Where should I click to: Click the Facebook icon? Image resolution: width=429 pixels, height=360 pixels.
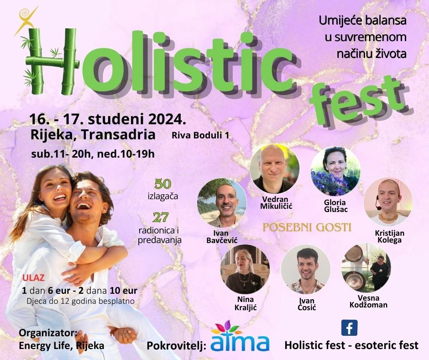pos(350,328)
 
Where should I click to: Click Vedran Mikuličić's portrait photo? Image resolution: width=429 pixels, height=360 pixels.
pos(275,169)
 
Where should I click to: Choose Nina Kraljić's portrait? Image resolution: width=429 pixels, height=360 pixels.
pos(245,269)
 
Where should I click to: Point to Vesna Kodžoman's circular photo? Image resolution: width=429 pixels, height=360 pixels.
pos(366,268)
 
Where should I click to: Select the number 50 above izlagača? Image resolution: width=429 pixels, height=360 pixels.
pos(162,184)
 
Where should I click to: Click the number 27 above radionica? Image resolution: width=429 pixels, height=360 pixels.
pos(161,217)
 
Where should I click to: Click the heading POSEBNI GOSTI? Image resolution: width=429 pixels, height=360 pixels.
pos(306,227)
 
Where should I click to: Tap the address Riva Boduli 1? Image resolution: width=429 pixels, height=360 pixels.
pos(200,135)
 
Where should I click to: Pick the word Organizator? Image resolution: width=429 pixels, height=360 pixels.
pos(48,333)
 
